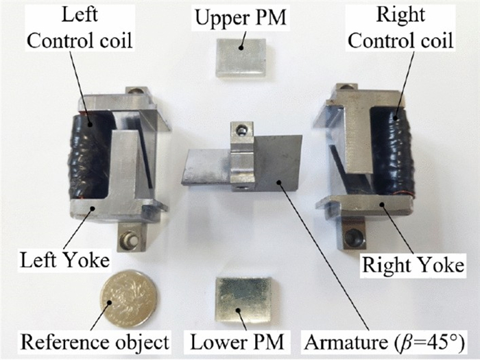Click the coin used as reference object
(x=128, y=299)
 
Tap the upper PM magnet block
(x=240, y=56)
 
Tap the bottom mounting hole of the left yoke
(x=128, y=240)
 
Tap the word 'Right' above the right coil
(x=410, y=14)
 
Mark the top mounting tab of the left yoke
(x=136, y=92)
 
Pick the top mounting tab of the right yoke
(x=344, y=89)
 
